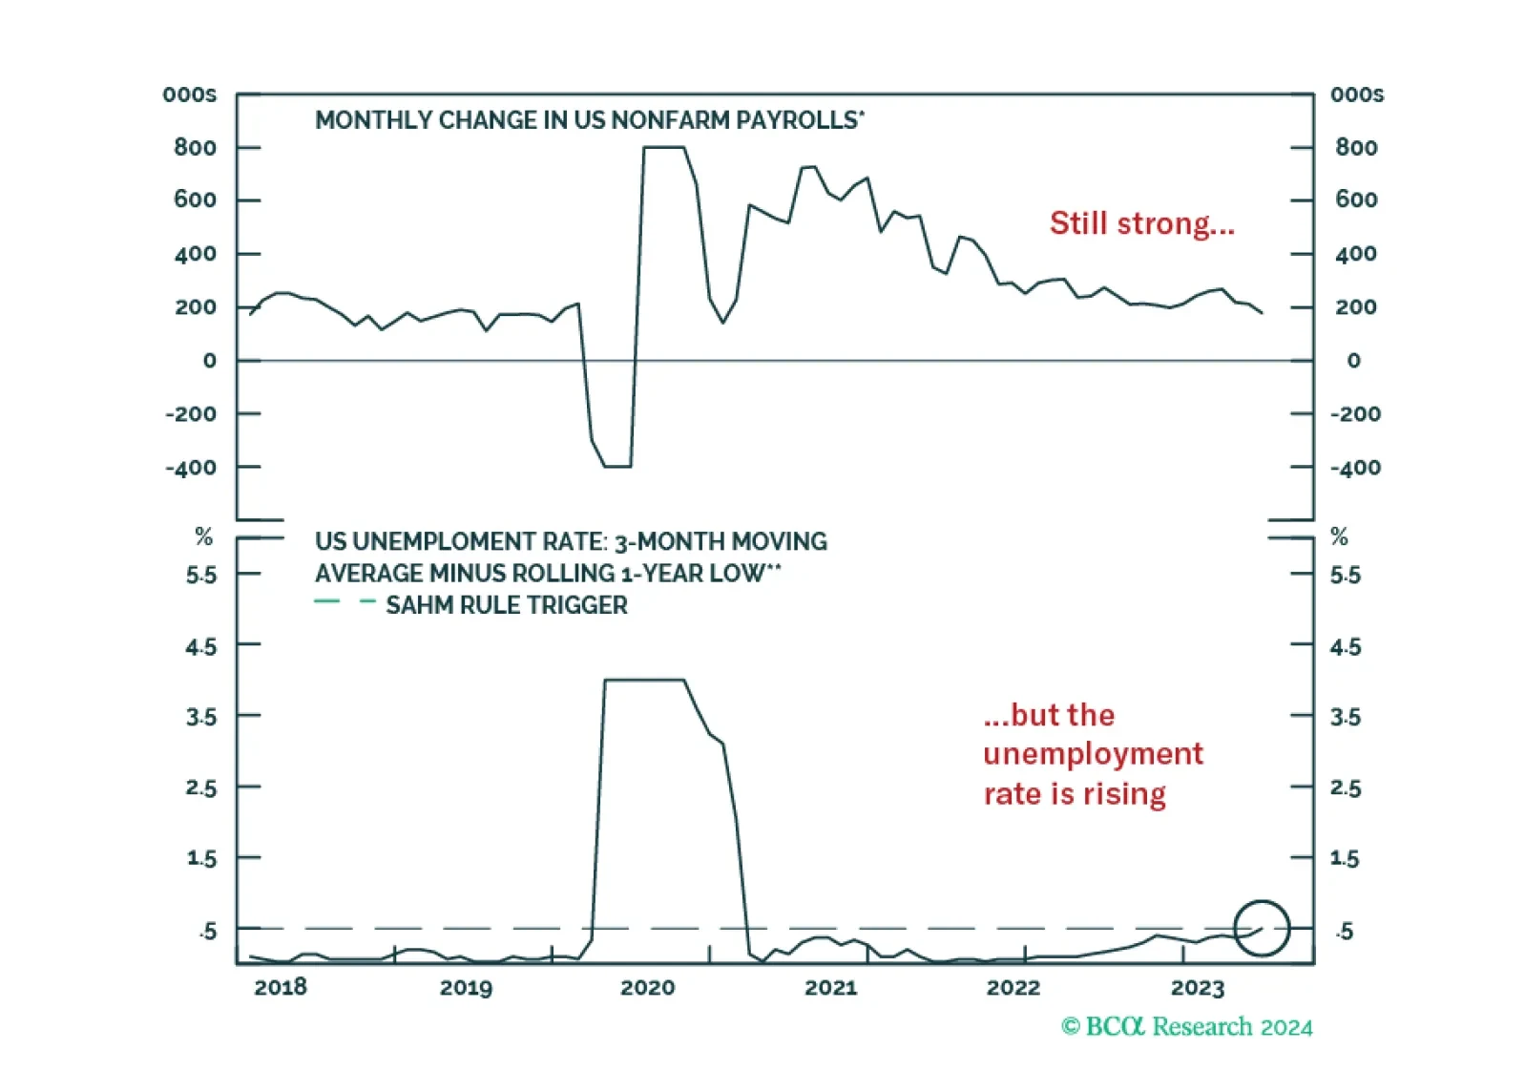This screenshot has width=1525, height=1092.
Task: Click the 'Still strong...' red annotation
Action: (x=1141, y=223)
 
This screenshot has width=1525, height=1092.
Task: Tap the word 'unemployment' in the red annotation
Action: (x=1094, y=755)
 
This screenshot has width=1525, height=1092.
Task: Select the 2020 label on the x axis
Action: (x=647, y=987)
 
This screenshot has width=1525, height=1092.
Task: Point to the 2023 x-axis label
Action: (x=1198, y=987)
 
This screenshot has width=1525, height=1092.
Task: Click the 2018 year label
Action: (x=281, y=987)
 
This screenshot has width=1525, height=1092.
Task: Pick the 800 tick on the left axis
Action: (x=195, y=147)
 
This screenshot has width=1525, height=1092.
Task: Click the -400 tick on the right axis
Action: (x=1355, y=468)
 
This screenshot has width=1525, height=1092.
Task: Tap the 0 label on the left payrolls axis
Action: (x=210, y=361)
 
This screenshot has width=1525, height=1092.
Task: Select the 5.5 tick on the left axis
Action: (x=200, y=576)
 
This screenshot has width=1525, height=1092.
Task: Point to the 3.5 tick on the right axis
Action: (x=1346, y=717)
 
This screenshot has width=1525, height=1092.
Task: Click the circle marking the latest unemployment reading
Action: (x=1262, y=901)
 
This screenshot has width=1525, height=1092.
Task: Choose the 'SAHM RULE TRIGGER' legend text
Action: (x=507, y=605)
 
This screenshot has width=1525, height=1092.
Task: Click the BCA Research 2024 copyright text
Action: (x=1186, y=1027)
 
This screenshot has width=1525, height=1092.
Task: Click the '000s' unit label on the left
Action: (x=189, y=94)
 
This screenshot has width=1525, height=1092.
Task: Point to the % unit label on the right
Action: (x=1339, y=536)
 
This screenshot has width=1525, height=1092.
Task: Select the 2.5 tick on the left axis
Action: (x=200, y=788)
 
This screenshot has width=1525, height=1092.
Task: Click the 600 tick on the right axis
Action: (x=1356, y=199)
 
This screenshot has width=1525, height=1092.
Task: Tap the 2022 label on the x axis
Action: (x=1013, y=987)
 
